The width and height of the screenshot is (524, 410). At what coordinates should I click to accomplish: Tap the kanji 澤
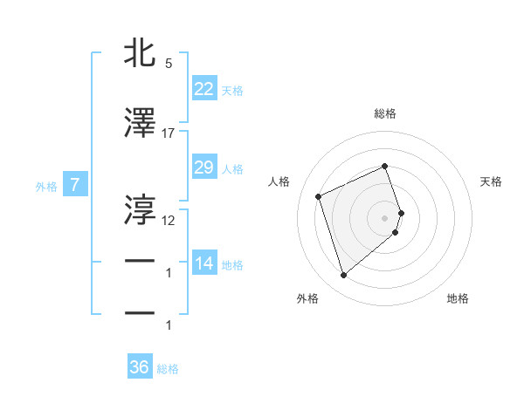140,124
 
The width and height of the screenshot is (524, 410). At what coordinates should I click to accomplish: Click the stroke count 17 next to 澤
169,133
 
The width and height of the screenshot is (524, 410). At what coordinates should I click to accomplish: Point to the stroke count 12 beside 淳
169,220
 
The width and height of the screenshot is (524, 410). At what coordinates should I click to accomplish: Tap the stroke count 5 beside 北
169,64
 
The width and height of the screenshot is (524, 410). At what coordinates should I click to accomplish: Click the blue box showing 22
203,88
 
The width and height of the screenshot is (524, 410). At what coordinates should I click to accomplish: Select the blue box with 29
203,167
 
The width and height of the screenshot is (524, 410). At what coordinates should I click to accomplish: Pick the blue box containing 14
203,263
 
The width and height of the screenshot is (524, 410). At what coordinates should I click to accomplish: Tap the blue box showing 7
75,185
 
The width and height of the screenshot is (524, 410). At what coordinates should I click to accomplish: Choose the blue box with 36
139,367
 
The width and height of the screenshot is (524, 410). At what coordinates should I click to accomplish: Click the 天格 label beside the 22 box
232,91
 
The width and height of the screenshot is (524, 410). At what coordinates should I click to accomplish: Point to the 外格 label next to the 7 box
46,187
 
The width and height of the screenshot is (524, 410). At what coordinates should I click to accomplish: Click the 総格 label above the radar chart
385,113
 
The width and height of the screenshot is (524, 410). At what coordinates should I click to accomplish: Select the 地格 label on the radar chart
458,299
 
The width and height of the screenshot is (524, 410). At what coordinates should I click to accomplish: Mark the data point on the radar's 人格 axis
319,196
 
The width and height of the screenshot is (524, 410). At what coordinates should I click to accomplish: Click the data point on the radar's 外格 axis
343,276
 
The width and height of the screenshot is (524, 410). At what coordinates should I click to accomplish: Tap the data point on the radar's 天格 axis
402,212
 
